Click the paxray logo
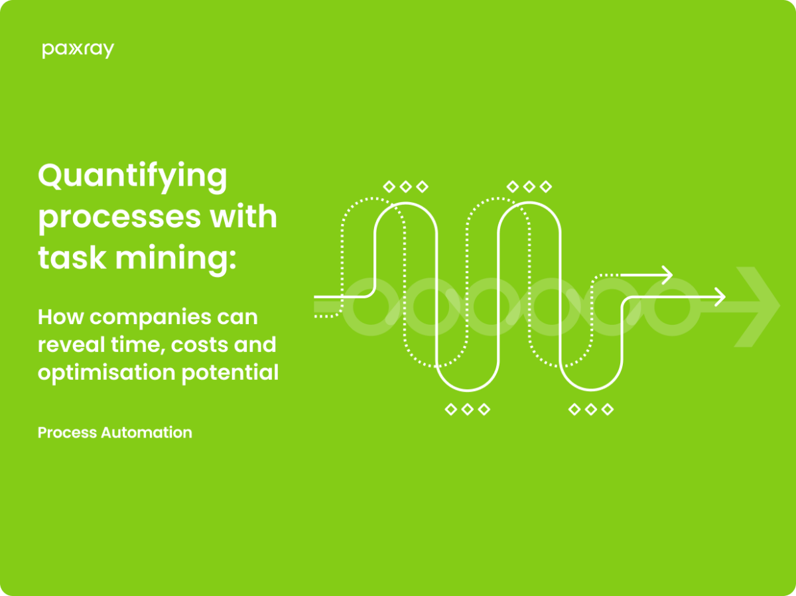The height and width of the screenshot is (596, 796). pyautogui.click(x=78, y=50)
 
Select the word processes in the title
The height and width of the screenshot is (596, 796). pyautogui.click(x=114, y=218)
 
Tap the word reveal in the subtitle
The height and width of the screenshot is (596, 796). pyautogui.click(x=67, y=345)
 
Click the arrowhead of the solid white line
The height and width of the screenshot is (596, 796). pyautogui.click(x=720, y=297)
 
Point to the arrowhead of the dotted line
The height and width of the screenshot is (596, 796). pyautogui.click(x=668, y=274)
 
